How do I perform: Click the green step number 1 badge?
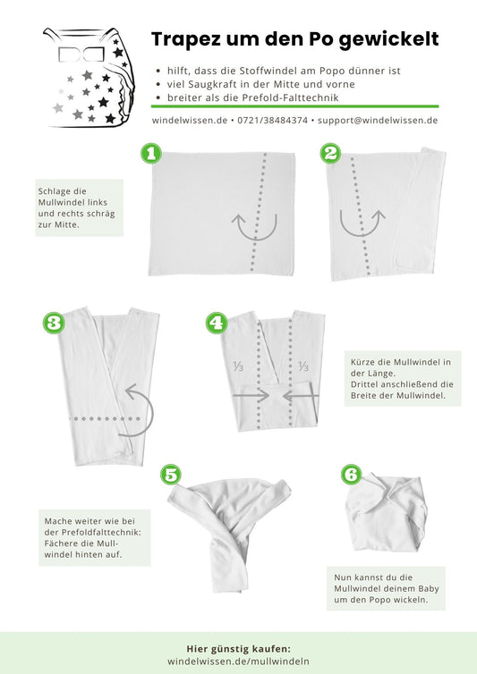click(x=151, y=154)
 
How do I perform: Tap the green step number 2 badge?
click(x=330, y=154)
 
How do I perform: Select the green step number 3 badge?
click(x=54, y=323)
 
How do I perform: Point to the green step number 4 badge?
click(x=217, y=323)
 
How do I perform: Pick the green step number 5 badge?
click(x=171, y=475)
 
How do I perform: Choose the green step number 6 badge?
click(x=352, y=475)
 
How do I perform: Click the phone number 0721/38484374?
click(x=273, y=121)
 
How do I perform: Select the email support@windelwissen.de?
click(x=378, y=121)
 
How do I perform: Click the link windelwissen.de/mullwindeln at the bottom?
click(x=238, y=661)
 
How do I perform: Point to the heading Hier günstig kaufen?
click(x=238, y=649)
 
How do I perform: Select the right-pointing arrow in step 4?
click(x=251, y=395)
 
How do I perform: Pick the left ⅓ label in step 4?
click(x=238, y=366)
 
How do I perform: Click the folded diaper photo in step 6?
click(x=386, y=512)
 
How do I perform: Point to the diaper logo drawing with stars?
click(x=89, y=78)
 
